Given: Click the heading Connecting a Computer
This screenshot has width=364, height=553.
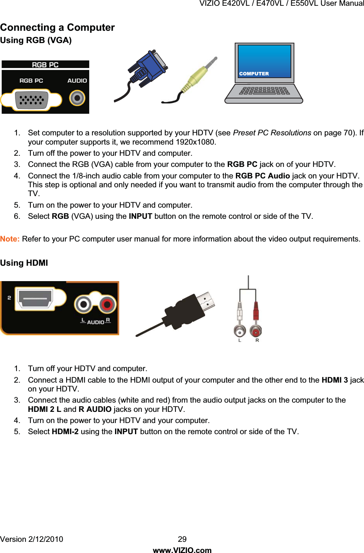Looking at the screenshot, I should (57, 28).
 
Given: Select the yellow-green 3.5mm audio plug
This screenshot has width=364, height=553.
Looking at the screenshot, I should (198, 75).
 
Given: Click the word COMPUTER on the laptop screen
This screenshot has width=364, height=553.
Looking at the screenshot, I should (254, 73).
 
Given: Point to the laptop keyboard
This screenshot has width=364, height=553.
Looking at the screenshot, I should (264, 91).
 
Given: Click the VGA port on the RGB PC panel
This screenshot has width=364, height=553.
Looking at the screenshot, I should (32, 99).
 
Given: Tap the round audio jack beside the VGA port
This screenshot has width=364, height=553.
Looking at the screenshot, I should (77, 98).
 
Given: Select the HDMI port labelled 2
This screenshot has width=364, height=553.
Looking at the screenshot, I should (35, 298).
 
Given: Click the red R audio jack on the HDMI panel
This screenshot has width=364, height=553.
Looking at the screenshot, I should (107, 305).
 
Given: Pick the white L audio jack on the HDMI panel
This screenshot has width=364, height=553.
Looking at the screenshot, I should (83, 305).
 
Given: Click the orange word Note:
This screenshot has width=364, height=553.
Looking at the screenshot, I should (10, 239).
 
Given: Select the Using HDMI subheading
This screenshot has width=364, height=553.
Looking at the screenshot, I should (24, 263).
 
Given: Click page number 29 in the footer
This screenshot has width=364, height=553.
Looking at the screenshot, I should (182, 539).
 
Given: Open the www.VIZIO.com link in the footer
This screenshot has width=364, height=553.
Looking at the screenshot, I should (182, 550).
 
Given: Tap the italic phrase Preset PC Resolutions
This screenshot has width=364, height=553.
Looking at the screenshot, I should (272, 133).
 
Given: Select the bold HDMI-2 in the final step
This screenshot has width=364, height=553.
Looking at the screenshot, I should (65, 431).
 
